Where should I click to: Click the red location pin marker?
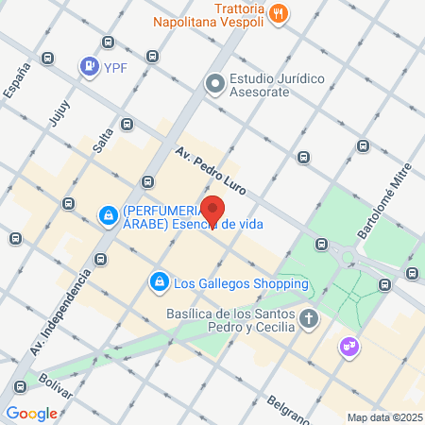pos(213,211)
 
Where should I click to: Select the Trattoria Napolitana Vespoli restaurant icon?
pos(279,13)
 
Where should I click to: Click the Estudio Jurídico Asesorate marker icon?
pos(214,84)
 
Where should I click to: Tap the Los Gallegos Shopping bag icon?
pos(159,282)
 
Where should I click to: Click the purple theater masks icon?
pos(349,348)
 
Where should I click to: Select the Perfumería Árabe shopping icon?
pos(110,216)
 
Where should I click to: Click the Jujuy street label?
pos(59,111)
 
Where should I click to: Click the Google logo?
pos(31,413)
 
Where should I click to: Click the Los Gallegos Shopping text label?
pos(242,282)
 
